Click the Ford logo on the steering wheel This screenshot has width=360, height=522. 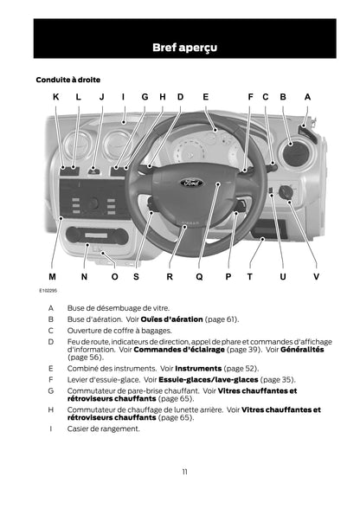click(192, 183)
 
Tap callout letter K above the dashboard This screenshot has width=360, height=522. click(56, 97)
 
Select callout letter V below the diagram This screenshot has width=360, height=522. click(316, 277)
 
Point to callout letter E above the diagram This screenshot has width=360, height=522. click(206, 97)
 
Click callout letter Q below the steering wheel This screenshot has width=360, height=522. click(199, 277)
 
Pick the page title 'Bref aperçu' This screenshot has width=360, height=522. click(184, 48)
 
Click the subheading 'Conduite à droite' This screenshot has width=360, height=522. click(67, 80)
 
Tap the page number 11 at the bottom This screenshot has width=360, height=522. click(184, 472)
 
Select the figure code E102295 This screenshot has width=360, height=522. click(48, 291)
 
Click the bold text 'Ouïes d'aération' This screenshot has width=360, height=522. click(171, 319)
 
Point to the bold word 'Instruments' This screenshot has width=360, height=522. click(198, 369)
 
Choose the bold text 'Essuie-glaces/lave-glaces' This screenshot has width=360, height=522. click(209, 379)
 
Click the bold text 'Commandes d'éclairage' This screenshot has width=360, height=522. click(179, 350)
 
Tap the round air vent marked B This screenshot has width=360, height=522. click(296, 154)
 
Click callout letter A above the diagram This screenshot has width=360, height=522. click(307, 97)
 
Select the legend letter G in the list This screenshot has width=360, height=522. click(51, 390)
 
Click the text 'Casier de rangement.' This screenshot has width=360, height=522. click(104, 429)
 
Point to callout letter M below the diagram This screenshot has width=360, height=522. click(52, 277)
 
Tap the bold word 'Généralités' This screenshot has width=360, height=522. click(302, 350)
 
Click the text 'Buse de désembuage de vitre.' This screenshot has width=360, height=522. click(119, 308)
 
